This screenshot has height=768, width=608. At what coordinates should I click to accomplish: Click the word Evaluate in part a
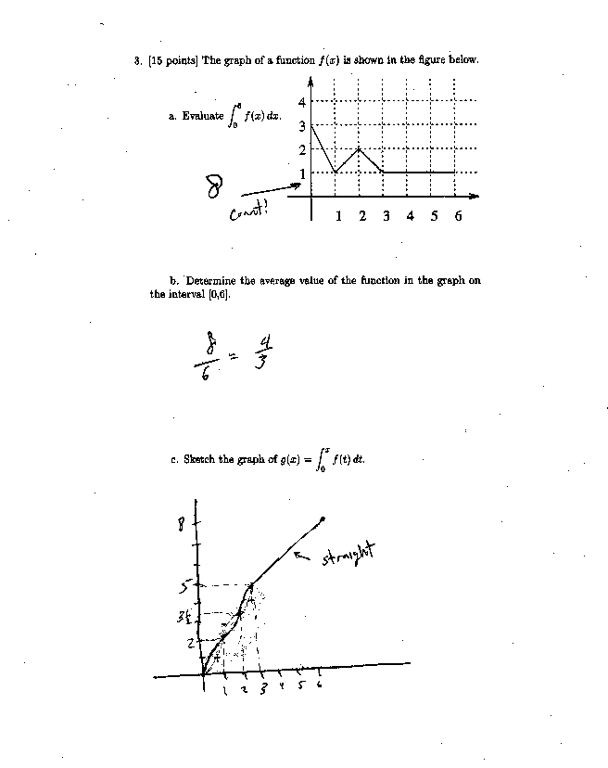[x=203, y=116]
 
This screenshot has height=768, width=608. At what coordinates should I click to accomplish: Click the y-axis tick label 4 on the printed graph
[x=302, y=101]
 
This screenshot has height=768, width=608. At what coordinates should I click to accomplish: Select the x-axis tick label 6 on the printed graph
[x=458, y=216]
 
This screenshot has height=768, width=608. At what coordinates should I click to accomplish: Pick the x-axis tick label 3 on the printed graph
[x=386, y=216]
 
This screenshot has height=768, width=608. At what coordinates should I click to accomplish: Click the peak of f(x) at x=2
[x=359, y=148]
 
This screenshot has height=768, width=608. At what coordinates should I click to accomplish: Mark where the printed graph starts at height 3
[x=311, y=124]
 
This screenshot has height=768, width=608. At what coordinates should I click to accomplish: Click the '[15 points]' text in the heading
[x=171, y=60]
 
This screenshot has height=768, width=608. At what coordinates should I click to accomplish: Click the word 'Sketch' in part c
[x=199, y=458]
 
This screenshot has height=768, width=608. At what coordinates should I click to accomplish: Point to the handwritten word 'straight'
[x=351, y=557]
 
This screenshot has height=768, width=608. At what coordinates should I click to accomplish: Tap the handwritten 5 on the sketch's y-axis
[x=185, y=585]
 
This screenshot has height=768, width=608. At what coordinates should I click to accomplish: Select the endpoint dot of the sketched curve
[x=323, y=518]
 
